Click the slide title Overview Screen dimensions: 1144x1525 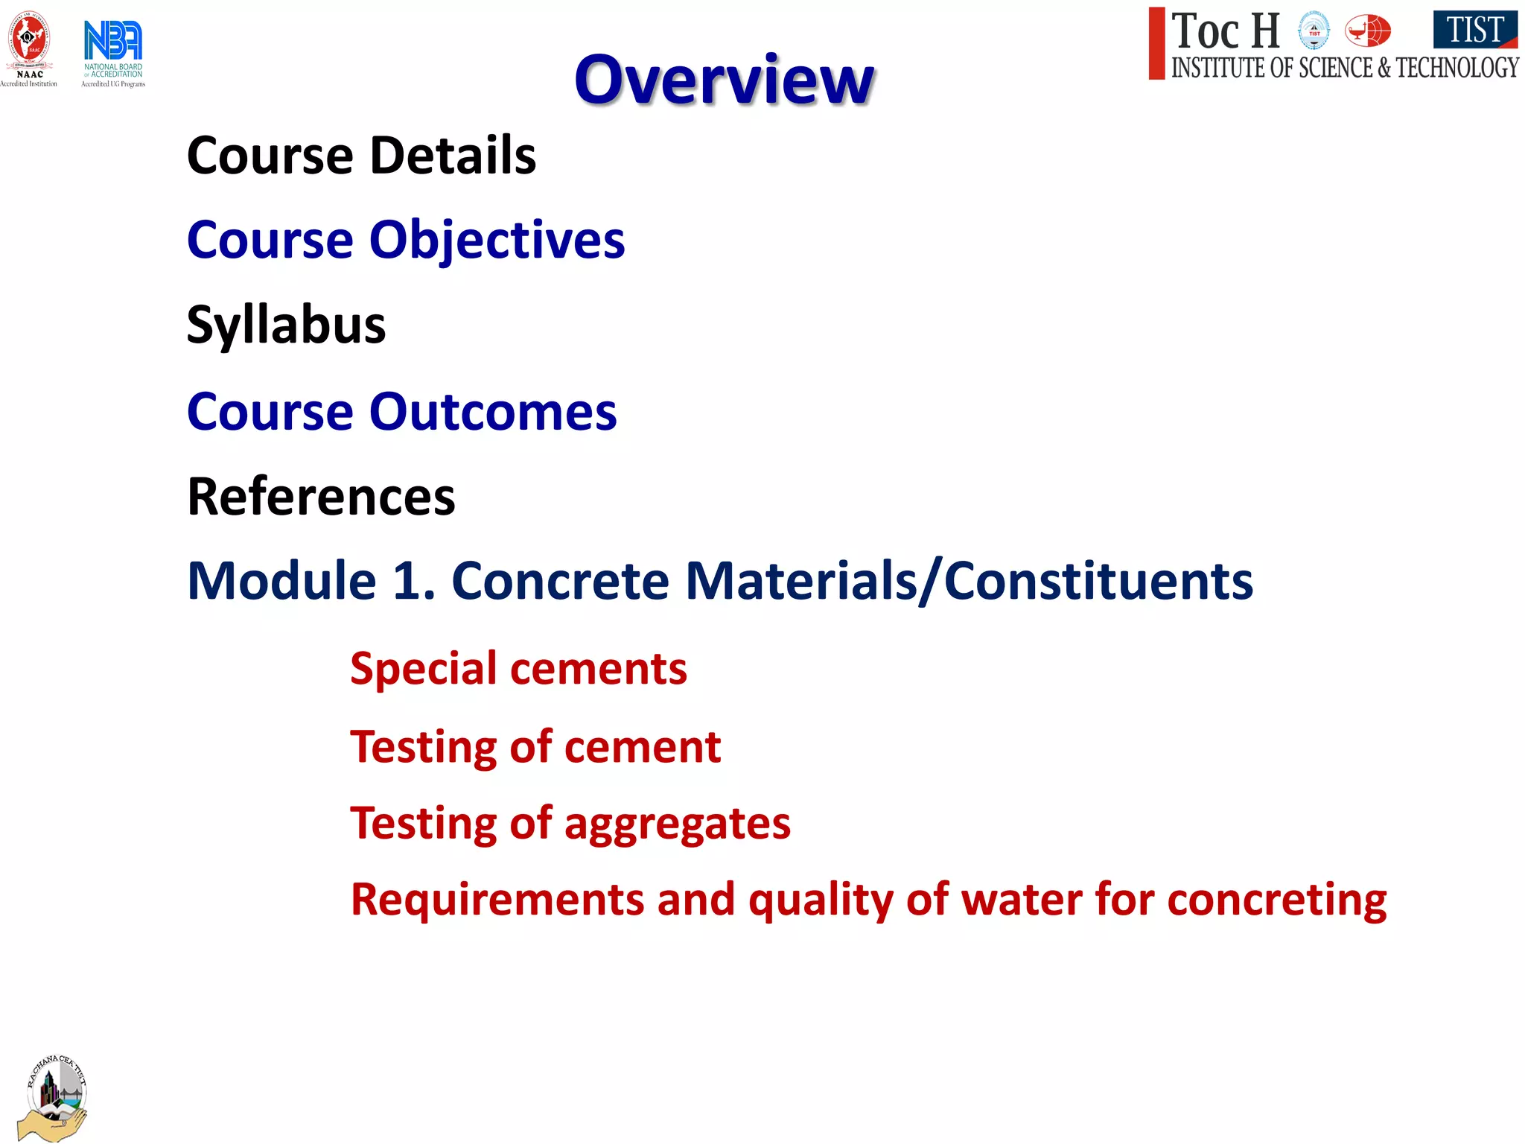tap(724, 80)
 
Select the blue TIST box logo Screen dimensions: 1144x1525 tap(1474, 30)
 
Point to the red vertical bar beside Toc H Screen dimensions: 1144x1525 tap(1156, 43)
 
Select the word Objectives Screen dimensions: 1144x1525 tap(497, 241)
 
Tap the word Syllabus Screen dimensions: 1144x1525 tap(287, 325)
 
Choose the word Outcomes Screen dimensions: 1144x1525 tap(493, 412)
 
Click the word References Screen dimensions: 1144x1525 tap(321, 497)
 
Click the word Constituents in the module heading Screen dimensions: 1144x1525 tap(1098, 581)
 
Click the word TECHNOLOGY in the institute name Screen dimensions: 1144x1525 tap(1456, 68)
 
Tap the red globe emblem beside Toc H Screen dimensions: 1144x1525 tap(1367, 31)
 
